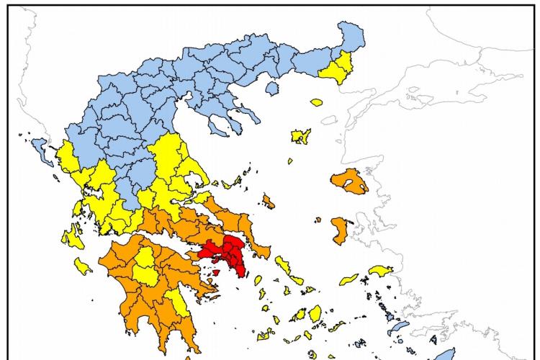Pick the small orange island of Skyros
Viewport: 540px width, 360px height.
pyautogui.click(x=269, y=202)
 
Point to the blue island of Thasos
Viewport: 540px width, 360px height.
pyautogui.click(x=271, y=88)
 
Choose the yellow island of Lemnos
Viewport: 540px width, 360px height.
pyautogui.click(x=300, y=135)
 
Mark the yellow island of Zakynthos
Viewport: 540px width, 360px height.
pyautogui.click(x=84, y=268)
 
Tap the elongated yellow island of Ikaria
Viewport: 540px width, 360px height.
pyautogui.click(x=349, y=279)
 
